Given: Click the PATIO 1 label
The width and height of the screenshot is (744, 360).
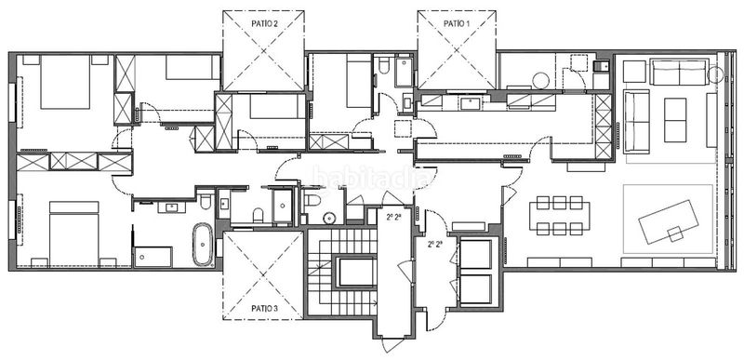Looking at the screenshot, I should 456,21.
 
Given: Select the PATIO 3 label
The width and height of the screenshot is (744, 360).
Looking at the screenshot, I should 264,307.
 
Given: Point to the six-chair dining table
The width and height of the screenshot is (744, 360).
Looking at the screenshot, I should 562,215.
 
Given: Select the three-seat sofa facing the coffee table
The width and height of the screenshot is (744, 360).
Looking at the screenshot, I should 678,73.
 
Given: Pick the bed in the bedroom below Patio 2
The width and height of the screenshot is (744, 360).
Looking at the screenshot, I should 271,109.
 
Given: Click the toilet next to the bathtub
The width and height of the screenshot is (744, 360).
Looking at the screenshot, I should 205,202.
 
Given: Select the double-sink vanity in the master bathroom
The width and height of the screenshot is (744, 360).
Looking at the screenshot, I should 171,207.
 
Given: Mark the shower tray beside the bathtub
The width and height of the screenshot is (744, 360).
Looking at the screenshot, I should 153,256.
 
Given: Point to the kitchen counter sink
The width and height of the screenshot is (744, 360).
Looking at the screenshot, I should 470,101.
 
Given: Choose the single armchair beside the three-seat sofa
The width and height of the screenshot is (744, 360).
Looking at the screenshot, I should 634,72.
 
